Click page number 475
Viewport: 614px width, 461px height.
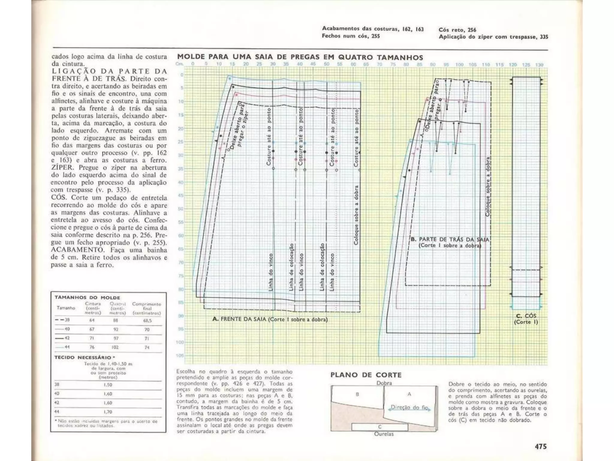pos(541,446)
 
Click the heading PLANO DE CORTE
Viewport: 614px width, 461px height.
pos(366,375)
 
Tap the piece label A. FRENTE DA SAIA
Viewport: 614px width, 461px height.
pos(239,319)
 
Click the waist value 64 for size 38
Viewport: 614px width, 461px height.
pos(92,320)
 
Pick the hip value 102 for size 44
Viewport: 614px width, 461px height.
pos(115,347)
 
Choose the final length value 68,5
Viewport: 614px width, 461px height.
pos(147,320)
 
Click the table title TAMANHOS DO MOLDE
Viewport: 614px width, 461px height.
pos(87,297)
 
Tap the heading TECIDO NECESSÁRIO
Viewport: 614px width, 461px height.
pos(83,357)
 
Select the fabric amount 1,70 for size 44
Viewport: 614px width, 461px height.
pos(108,412)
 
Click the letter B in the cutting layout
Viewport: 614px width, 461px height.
pos(357,394)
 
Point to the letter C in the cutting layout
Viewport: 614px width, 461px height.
pos(380,427)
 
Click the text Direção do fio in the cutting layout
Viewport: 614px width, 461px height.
pos(410,408)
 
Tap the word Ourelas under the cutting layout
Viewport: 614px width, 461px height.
pos(383,434)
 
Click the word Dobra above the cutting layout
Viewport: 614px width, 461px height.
pos(384,383)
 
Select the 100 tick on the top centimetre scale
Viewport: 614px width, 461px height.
pos(459,65)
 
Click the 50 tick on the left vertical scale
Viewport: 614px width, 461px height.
pos(180,209)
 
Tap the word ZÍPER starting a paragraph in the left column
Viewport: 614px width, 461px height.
pos(62,167)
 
